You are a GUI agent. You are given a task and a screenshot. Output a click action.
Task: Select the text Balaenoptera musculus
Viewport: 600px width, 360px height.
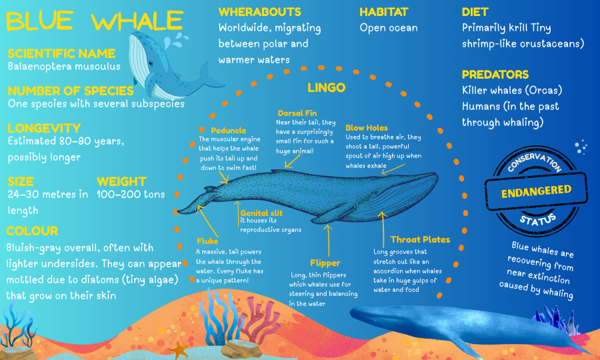pyautogui.click(x=64, y=67)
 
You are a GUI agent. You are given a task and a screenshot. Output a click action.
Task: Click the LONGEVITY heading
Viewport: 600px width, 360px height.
pyautogui.click(x=44, y=128)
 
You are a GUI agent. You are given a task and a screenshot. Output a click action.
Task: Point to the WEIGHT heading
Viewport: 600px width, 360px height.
pyautogui.click(x=121, y=181)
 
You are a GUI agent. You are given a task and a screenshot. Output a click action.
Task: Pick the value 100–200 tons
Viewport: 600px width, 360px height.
pyautogui.click(x=131, y=195)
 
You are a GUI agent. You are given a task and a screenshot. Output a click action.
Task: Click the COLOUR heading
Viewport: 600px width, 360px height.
pyautogui.click(x=32, y=231)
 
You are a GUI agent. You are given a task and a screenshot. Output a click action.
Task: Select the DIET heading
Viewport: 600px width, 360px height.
pyautogui.click(x=475, y=12)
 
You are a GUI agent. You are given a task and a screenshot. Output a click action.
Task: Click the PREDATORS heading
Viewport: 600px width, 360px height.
pyautogui.click(x=495, y=75)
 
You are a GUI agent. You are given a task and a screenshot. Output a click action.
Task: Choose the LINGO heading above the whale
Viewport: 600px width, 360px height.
pyautogui.click(x=326, y=87)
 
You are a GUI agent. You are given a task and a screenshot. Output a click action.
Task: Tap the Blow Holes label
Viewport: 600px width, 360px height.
pyautogui.click(x=366, y=128)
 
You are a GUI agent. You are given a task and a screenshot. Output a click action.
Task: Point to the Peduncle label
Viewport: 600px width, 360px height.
pyautogui.click(x=229, y=130)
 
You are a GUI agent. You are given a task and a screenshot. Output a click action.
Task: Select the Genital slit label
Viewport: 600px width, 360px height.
pyautogui.click(x=263, y=213)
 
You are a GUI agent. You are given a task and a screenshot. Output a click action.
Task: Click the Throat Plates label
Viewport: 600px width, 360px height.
pyautogui.click(x=420, y=239)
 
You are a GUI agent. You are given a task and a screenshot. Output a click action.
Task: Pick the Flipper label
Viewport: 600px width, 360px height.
pyautogui.click(x=325, y=263)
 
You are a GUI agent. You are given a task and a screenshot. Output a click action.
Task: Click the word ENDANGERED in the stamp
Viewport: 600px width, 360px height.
pyautogui.click(x=536, y=191)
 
